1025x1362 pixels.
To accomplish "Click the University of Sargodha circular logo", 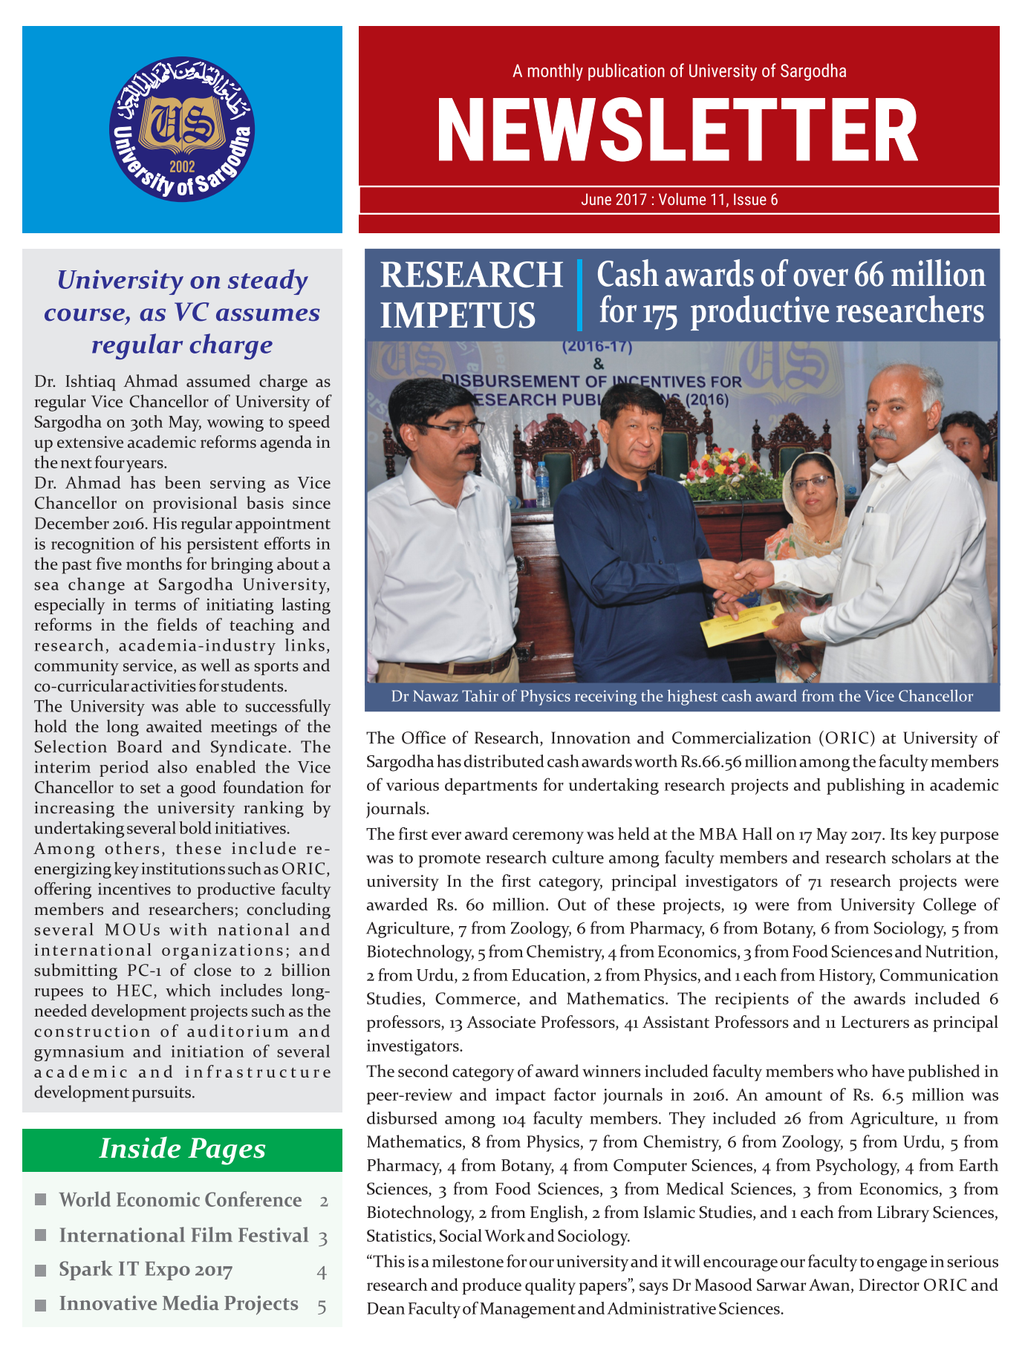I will (x=182, y=129).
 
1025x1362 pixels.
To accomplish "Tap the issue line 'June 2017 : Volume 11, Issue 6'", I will (x=679, y=200).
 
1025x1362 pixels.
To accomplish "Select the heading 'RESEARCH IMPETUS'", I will (x=471, y=295).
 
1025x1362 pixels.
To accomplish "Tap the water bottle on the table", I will (x=543, y=483).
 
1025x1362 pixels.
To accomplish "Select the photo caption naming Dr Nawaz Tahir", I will (x=682, y=697).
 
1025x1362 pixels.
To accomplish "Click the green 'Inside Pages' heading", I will (x=182, y=1149).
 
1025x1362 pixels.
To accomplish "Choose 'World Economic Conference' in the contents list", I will (x=180, y=1200).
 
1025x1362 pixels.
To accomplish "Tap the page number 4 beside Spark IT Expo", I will (x=322, y=1271).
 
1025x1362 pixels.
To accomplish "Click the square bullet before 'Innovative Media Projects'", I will (x=42, y=1305).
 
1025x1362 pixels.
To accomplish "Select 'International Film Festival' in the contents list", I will (x=183, y=1235).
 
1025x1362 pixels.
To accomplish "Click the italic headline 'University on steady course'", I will (x=182, y=312).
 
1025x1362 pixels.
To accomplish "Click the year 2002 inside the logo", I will (x=182, y=166).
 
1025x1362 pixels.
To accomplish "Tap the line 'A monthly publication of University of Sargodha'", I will (x=679, y=71).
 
